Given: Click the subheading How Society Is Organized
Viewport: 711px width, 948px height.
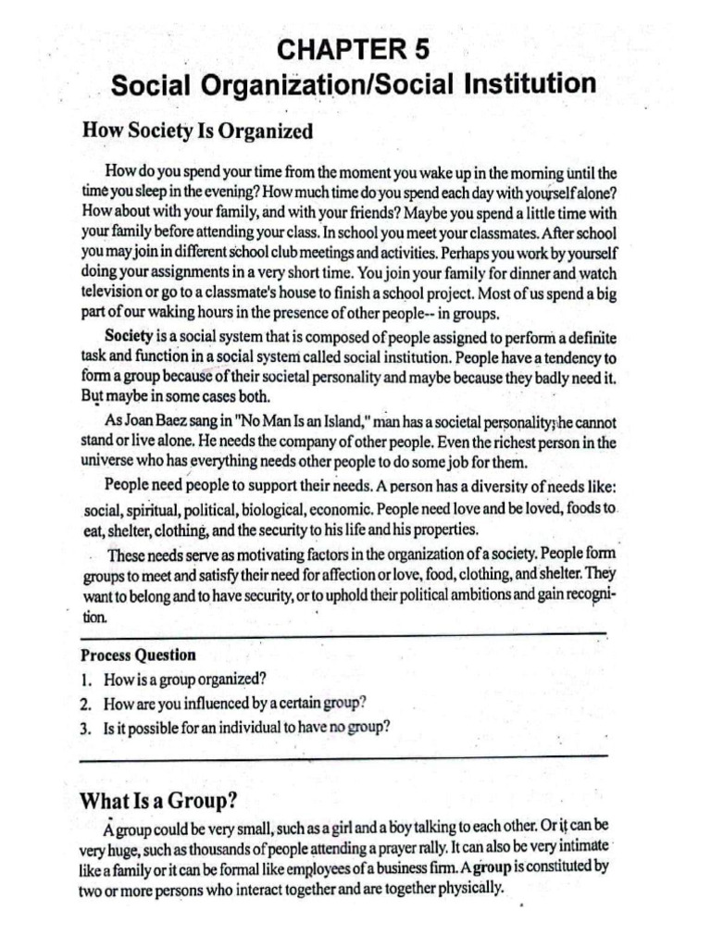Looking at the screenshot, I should [x=197, y=131].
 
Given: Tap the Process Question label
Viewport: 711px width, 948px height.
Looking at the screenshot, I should [x=139, y=655].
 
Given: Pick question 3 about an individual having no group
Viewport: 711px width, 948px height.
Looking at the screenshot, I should [x=236, y=726].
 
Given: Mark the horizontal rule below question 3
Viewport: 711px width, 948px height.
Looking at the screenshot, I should [x=343, y=756].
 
